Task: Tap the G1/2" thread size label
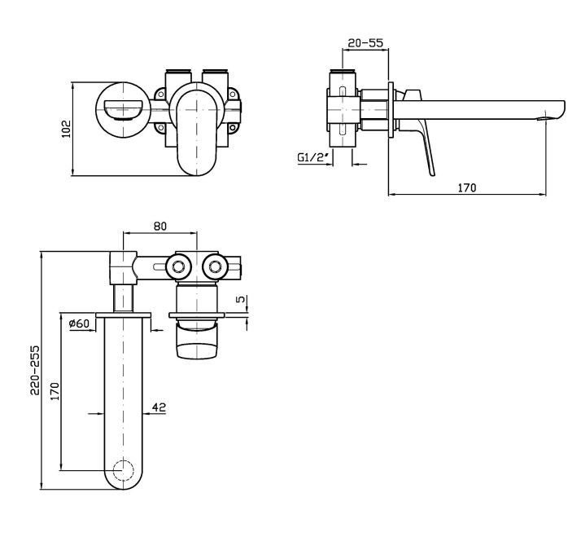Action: coord(313,156)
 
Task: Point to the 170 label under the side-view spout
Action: coord(466,187)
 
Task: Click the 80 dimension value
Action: coord(159,227)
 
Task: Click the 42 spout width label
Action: coord(159,406)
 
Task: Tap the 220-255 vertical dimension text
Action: coord(33,369)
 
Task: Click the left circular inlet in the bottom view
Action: coord(176,266)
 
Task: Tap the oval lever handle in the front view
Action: coord(195,130)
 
